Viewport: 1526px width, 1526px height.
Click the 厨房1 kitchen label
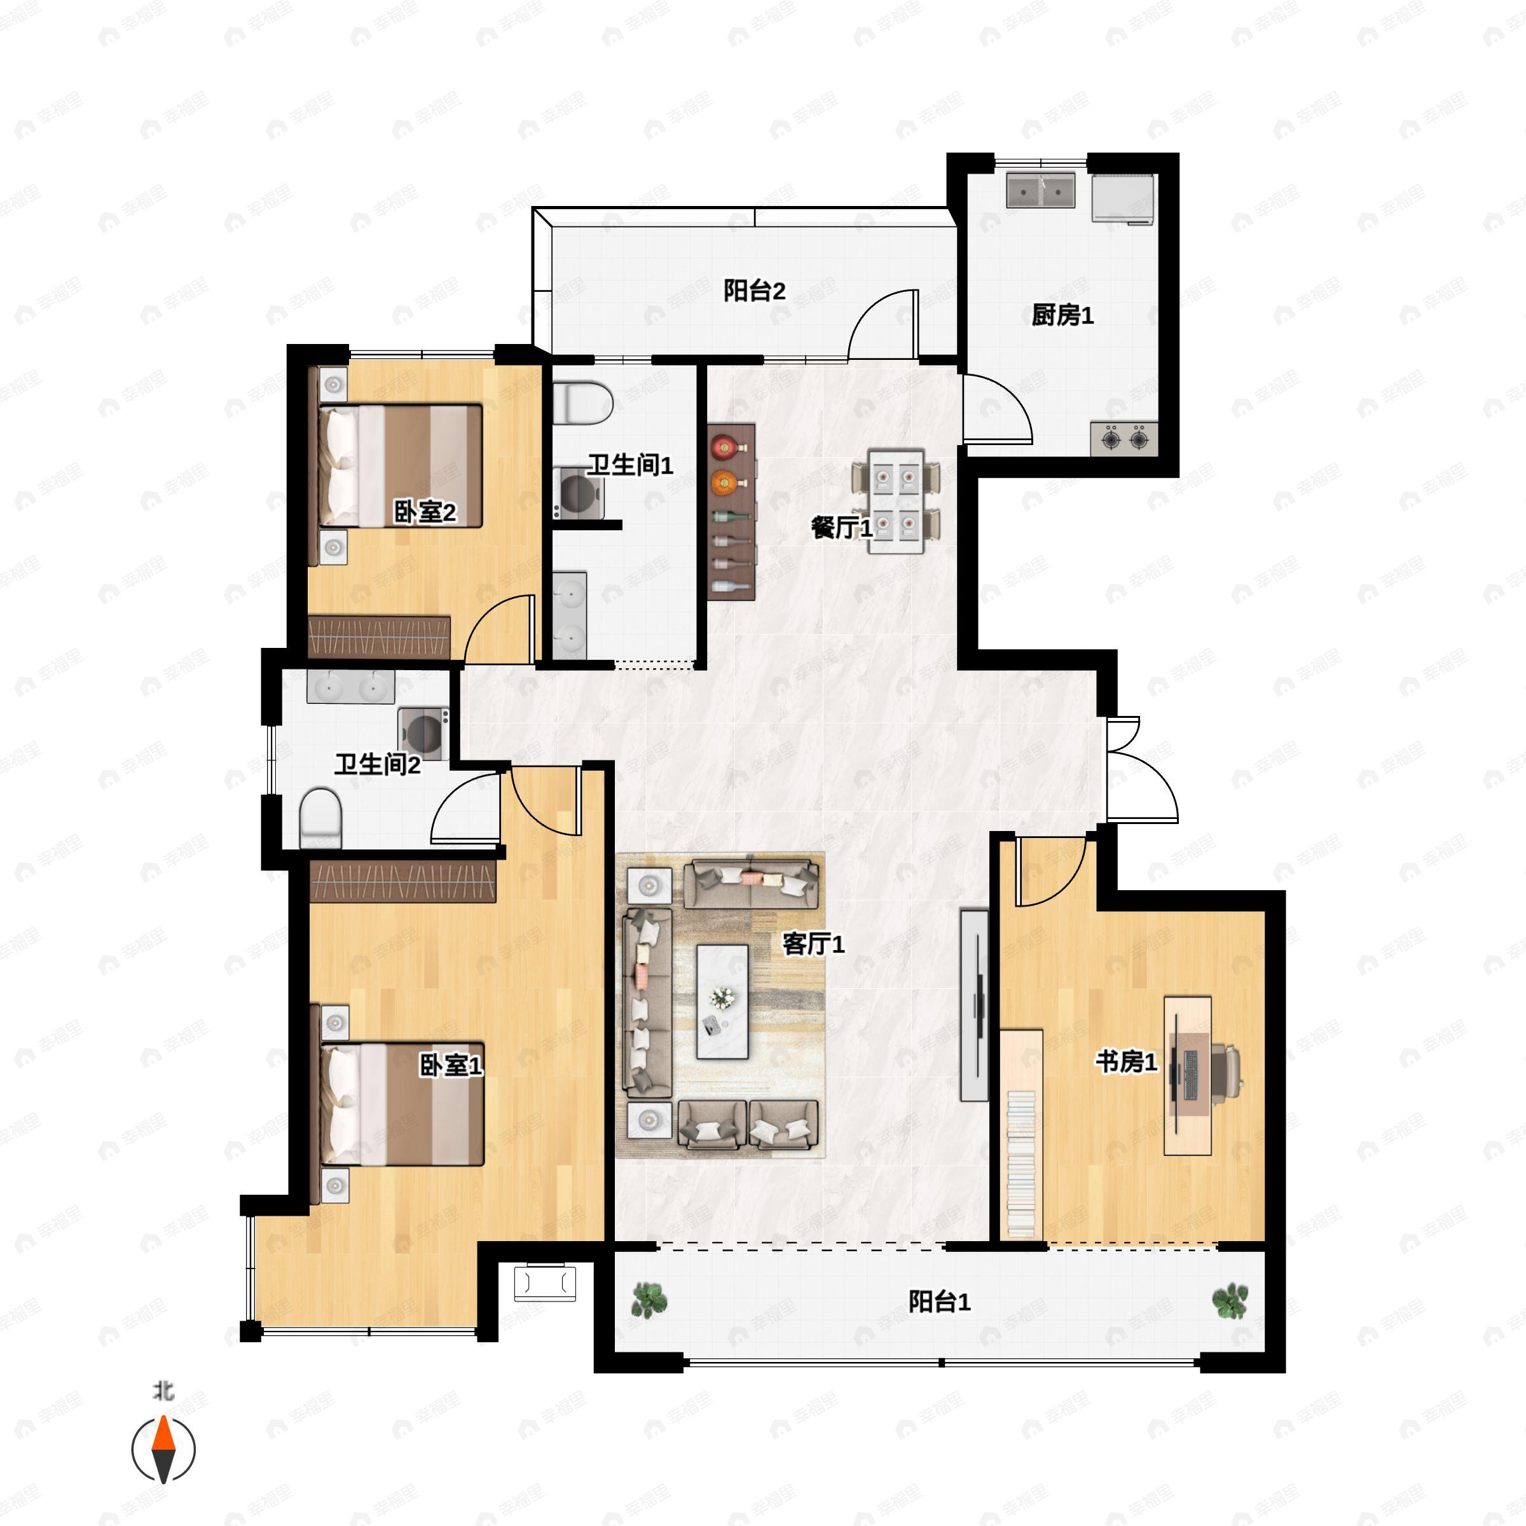pyautogui.click(x=1062, y=315)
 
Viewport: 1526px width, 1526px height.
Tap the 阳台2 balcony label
pyautogui.click(x=754, y=291)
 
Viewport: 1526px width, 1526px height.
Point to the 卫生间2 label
pyautogui.click(x=377, y=764)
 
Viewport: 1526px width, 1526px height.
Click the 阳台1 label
pyautogui.click(x=939, y=1301)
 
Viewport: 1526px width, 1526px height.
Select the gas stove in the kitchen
pyautogui.click(x=1125, y=437)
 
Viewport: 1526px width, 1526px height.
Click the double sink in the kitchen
pyautogui.click(x=1040, y=190)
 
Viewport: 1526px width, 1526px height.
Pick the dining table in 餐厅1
pyautogui.click(x=896, y=501)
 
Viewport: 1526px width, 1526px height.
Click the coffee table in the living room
pyautogui.click(x=722, y=1001)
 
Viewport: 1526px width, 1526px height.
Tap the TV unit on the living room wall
pyautogui.click(x=975, y=1004)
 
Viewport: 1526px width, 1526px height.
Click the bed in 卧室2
pyautogui.click(x=401, y=465)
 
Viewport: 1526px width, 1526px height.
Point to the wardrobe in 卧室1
pyautogui.click(x=403, y=881)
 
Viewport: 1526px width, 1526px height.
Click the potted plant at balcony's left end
pyautogui.click(x=649, y=1299)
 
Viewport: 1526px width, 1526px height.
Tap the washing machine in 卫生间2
pyautogui.click(x=423, y=734)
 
